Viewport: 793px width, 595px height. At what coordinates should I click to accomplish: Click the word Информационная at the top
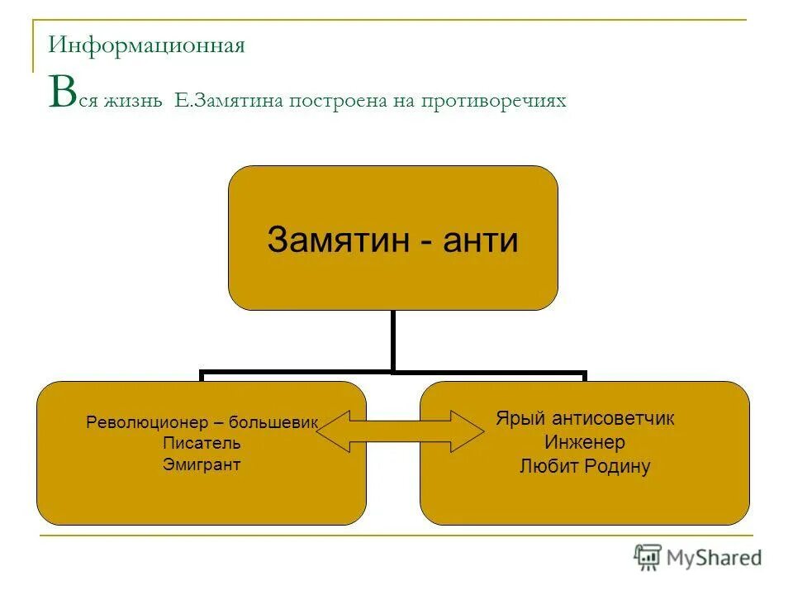pos(146,45)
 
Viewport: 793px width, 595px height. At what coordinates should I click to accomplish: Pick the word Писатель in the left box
pos(202,444)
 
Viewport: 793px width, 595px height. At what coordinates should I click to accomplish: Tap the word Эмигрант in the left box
pos(202,464)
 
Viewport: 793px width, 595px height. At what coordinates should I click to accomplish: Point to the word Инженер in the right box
pos(585,442)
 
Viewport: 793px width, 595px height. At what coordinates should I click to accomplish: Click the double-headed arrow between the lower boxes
pos(400,431)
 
